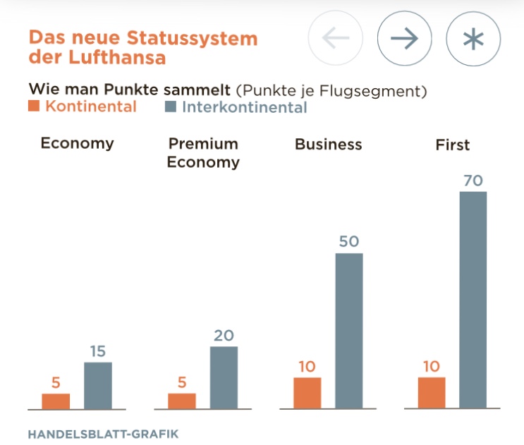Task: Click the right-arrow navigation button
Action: coord(404,39)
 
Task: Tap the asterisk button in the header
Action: coord(473,39)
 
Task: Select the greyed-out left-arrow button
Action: coord(336,39)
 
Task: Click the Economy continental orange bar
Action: coord(56,401)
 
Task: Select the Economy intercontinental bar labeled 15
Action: coord(98,385)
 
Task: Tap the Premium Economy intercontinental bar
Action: coord(224,377)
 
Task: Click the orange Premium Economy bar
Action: coord(182,401)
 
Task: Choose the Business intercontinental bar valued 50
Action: coord(349,330)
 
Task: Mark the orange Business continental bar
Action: coord(307,393)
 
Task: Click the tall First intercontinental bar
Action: coord(473,300)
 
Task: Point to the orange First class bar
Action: coord(432,393)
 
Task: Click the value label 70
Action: coord(473,181)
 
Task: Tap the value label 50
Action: coord(349,242)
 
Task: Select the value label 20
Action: coord(224,336)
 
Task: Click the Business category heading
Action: coord(328,145)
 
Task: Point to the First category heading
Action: coord(453,145)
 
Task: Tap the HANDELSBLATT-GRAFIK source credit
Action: coord(103,434)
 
